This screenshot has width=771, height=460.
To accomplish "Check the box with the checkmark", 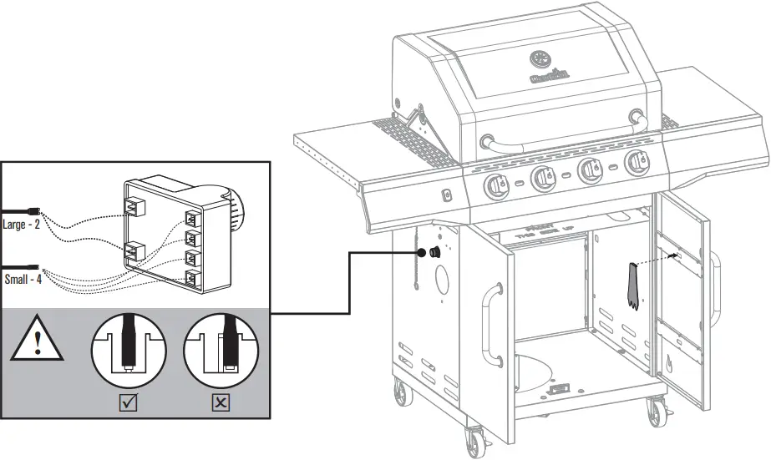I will (x=129, y=403).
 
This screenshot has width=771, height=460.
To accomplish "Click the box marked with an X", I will (x=221, y=403).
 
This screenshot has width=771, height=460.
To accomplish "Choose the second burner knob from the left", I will (x=541, y=175).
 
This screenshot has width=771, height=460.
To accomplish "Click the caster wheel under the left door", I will (x=474, y=438).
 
